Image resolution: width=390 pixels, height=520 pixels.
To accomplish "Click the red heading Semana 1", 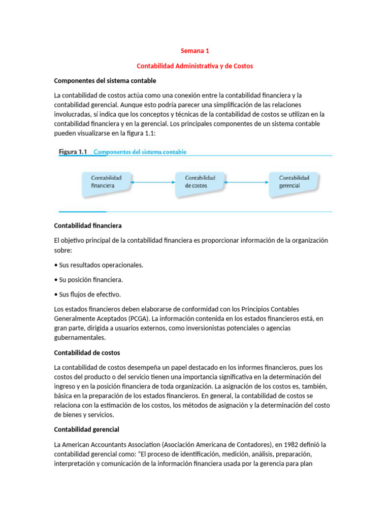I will [195, 51].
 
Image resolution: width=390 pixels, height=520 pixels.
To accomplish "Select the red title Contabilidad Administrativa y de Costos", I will [195, 66].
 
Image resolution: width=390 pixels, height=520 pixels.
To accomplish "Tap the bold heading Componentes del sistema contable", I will [105, 81].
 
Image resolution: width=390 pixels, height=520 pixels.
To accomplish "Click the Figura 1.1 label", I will [74, 151].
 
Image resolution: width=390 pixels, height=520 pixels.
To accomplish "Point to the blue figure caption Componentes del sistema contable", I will [140, 151].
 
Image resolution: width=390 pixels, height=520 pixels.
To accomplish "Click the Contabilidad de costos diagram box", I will [200, 182].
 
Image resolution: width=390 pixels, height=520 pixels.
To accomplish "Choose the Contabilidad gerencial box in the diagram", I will [294, 182].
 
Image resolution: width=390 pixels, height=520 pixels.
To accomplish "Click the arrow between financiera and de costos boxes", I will [153, 181].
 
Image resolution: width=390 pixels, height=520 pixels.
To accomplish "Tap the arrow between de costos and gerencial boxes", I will [247, 181].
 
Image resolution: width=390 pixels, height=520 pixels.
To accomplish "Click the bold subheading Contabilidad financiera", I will [88, 225].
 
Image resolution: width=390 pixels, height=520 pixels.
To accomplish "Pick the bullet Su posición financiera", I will [90, 280].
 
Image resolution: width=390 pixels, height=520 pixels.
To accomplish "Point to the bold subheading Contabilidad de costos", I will [87, 352].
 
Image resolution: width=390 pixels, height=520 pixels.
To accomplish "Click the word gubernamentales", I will [80, 338].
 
